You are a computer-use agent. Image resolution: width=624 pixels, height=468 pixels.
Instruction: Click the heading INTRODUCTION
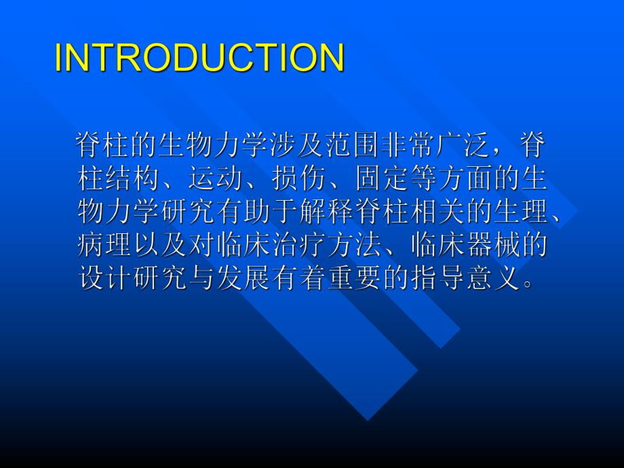[199, 58]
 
